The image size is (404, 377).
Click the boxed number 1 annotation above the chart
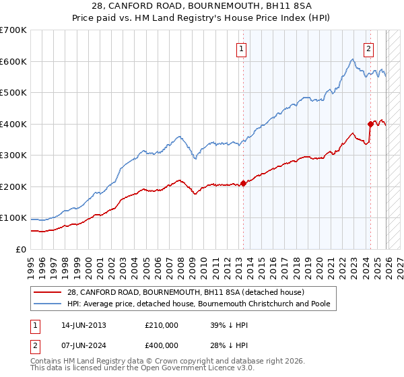point(241,48)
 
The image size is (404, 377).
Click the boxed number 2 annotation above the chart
point(369,48)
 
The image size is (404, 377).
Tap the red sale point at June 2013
point(243,184)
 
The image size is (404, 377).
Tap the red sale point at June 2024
point(370,124)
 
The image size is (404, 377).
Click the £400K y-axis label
point(13,124)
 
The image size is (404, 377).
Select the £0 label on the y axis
point(21,249)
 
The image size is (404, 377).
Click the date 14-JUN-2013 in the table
point(83,325)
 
